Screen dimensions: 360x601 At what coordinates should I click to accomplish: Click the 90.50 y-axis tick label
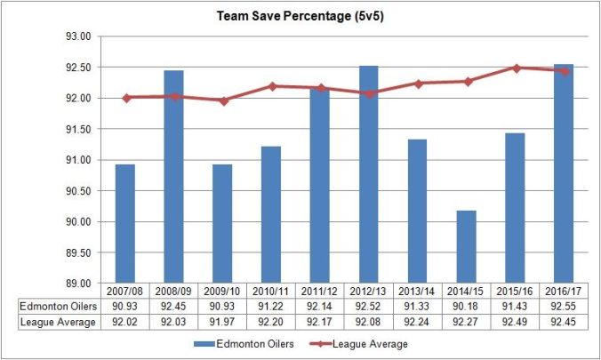coord(80,191)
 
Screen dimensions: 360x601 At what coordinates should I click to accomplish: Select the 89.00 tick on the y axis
coord(80,284)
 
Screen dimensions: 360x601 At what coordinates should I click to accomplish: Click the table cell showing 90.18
coord(467,306)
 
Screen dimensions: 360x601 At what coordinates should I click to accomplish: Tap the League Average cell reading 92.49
coord(516,321)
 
